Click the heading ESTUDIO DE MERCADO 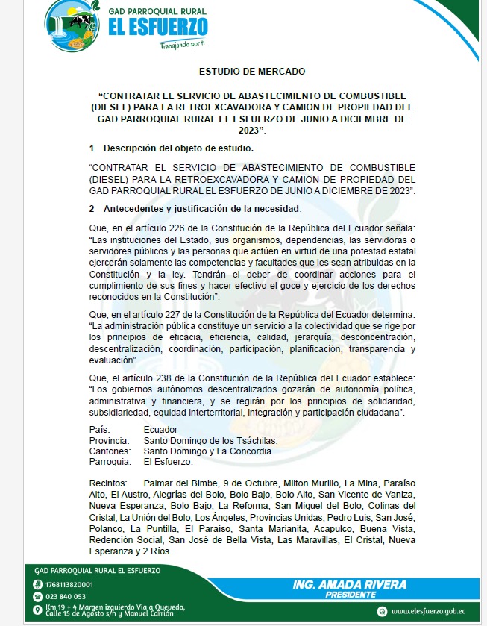coord(252,72)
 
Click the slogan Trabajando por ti coord(182,43)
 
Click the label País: coord(99,430)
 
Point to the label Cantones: coord(109,451)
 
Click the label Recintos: coord(108,483)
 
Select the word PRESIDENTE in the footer coord(351,595)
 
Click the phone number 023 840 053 coord(66,597)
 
